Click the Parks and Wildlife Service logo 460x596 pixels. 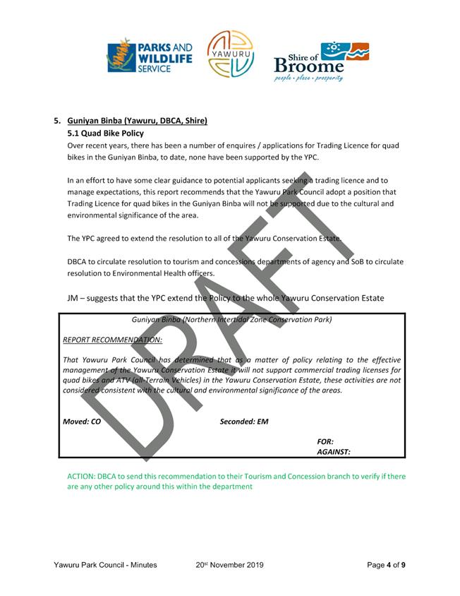(x=149, y=56)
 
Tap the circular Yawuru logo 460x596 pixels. (x=230, y=54)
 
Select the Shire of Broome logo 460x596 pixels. (x=320, y=61)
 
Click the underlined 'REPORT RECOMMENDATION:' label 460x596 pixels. (x=112, y=340)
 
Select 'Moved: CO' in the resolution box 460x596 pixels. (x=82, y=422)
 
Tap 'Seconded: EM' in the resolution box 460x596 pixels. (x=244, y=422)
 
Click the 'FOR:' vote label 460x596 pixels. (x=325, y=441)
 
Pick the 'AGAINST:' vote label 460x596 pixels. (x=334, y=452)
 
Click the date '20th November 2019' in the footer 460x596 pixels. (x=229, y=565)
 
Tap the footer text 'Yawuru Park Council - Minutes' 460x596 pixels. (x=105, y=565)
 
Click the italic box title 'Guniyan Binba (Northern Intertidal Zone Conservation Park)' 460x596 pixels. (x=231, y=320)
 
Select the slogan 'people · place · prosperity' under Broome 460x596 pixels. (x=309, y=78)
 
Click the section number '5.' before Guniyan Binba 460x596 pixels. (x=58, y=121)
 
